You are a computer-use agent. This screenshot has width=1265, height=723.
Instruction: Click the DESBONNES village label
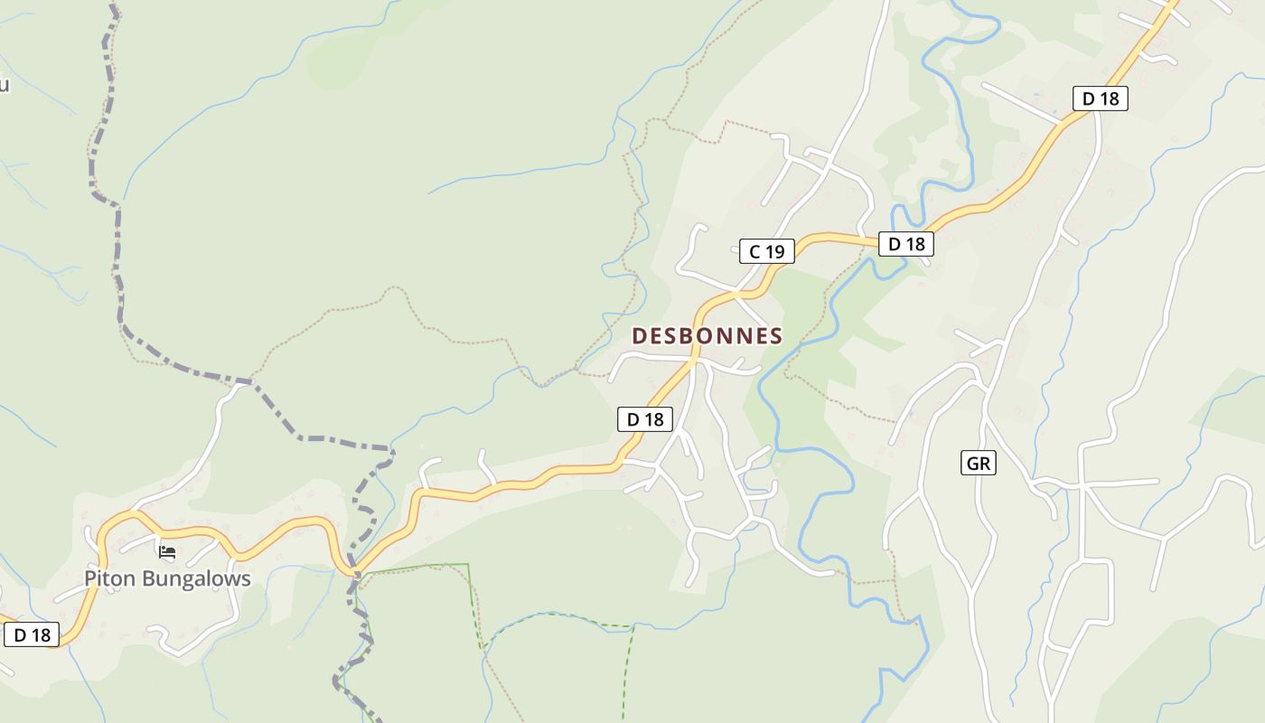click(707, 336)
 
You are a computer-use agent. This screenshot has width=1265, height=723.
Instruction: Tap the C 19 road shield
click(767, 251)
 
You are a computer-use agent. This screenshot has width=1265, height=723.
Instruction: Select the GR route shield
click(979, 464)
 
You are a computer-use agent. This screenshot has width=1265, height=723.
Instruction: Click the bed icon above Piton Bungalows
click(166, 551)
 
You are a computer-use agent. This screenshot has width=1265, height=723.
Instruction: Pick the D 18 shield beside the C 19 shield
click(905, 243)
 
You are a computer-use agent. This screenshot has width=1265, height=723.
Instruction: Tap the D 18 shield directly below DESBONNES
click(645, 418)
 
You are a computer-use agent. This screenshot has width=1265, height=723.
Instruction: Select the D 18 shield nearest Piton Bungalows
click(32, 634)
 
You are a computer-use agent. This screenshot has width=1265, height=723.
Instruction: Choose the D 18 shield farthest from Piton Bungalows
click(1101, 99)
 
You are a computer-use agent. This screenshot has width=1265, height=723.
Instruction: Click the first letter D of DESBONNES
click(639, 336)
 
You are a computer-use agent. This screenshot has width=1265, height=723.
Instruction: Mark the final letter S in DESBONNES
click(775, 336)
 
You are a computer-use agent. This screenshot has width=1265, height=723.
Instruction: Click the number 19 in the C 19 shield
click(775, 251)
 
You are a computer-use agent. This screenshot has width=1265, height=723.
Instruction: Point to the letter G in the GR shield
click(972, 464)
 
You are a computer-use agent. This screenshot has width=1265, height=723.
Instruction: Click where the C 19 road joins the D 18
click(743, 293)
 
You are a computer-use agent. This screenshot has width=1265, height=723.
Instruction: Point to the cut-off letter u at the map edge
click(4, 85)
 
